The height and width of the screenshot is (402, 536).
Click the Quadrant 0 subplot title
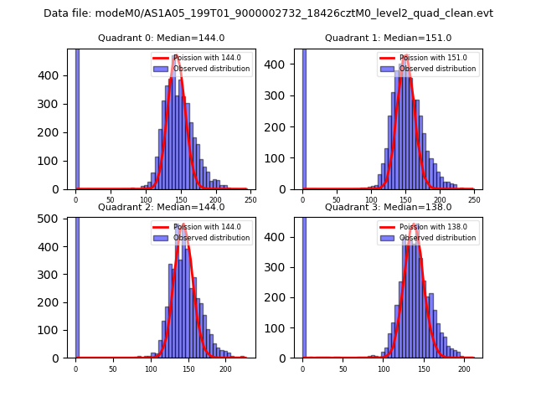tap(161, 38)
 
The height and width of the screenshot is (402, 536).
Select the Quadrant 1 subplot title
tap(388, 38)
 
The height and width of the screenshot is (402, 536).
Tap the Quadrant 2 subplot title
tap(161, 207)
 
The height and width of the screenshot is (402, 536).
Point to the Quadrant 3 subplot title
tap(388, 207)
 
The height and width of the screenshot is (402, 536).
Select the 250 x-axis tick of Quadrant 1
tap(474, 200)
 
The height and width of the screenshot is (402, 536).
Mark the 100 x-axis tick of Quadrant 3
tap(384, 368)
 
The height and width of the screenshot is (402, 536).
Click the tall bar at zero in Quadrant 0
tap(77, 117)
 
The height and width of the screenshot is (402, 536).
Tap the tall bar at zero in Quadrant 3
tap(304, 285)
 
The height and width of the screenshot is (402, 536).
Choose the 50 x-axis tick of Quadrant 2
tap(113, 368)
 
